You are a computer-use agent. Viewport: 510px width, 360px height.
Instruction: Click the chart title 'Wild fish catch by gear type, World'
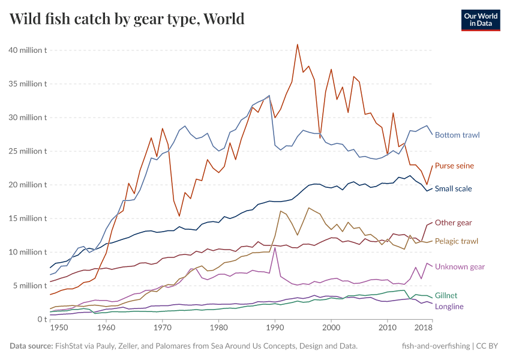point(127,19)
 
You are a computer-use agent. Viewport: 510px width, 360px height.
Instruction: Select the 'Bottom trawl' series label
point(457,135)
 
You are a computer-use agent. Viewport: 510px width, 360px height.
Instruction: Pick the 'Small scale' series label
point(453,188)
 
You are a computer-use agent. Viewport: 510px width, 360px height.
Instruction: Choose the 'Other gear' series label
point(453,223)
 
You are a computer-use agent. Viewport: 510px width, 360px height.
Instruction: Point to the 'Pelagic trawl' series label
point(456,241)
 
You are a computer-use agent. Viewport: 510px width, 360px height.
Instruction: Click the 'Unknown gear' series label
point(460,266)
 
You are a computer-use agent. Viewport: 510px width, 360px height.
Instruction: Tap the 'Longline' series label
point(449,307)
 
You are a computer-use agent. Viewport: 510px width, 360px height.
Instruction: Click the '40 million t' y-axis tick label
point(28,50)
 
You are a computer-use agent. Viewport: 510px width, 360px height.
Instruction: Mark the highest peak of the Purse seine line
point(297,44)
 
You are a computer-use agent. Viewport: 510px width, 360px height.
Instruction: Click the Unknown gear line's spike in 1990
point(275,248)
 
